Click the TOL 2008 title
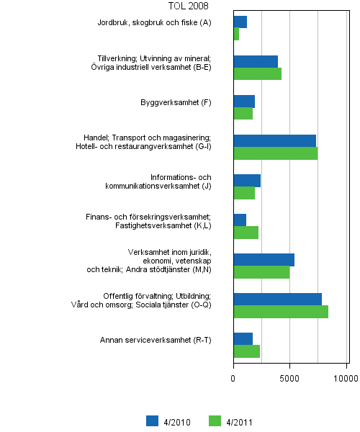point(188,6)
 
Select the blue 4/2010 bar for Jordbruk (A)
point(240,22)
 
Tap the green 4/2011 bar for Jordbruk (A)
point(236,34)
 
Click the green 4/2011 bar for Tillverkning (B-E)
point(257,73)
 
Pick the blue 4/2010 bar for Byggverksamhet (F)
point(244,101)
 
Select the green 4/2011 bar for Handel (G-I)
point(275,153)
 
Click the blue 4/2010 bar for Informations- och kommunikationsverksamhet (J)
point(247,180)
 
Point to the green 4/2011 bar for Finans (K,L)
point(246,232)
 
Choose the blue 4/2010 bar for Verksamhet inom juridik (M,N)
point(264,259)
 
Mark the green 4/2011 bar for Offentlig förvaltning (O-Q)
point(281,311)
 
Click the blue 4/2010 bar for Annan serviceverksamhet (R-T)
point(243,338)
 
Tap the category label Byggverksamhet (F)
point(176,102)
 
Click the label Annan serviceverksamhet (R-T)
point(156,340)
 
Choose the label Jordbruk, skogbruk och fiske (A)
point(155,23)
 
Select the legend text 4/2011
point(239,423)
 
